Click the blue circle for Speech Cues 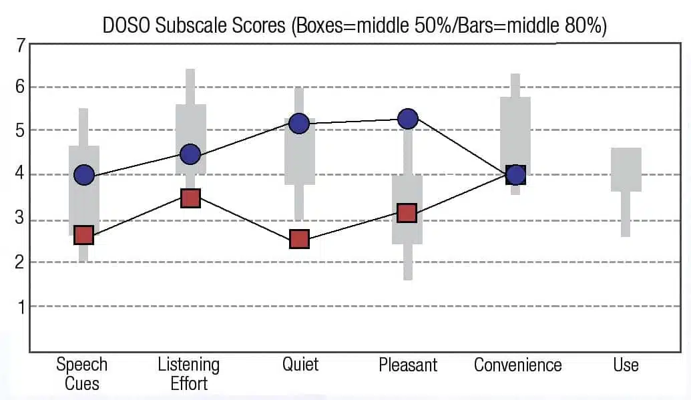point(84,175)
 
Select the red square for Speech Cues point(83,235)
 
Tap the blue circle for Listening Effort point(190,154)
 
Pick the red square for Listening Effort point(190,198)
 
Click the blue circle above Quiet point(298,124)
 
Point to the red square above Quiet point(299,238)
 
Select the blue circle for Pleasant point(407,119)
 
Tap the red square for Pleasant point(407,213)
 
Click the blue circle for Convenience point(515,175)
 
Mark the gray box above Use point(626,170)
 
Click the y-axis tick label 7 point(20,47)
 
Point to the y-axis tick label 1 point(20,307)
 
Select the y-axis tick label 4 point(20,176)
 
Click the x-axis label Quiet point(300,365)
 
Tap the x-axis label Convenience point(517,365)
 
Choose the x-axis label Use point(626,365)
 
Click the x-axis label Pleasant point(407,365)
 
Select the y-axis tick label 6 point(20,87)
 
